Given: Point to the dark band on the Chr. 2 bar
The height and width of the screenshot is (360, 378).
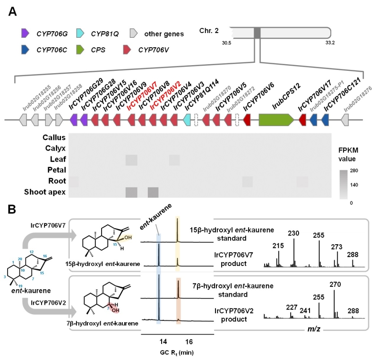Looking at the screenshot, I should point(257,33).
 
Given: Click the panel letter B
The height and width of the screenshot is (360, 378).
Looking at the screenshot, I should point(14,208).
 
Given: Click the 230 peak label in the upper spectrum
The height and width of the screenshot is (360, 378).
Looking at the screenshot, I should point(293,233).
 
